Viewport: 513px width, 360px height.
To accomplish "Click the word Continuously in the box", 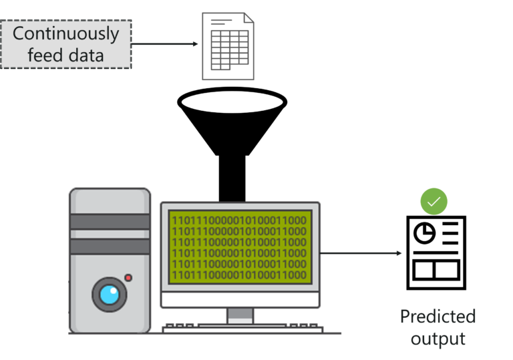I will [65, 33].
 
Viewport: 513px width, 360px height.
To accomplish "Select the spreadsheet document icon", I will [228, 47].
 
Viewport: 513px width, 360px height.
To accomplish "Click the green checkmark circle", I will [434, 200].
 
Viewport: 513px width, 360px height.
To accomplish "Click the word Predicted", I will [438, 316].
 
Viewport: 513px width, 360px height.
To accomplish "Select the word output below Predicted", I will [438, 339].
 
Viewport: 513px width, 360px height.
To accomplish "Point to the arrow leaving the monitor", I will [361, 253].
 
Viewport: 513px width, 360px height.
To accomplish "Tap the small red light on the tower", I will [128, 277].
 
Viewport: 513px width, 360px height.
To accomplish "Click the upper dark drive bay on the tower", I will [110, 222].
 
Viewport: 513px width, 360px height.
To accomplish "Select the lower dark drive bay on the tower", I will [110, 246].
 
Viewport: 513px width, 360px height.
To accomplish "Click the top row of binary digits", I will [239, 220].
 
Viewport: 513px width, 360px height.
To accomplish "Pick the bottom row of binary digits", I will [239, 275].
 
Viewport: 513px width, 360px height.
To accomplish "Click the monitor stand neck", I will [240, 315].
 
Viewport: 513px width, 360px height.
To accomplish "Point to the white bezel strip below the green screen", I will [240, 299].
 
